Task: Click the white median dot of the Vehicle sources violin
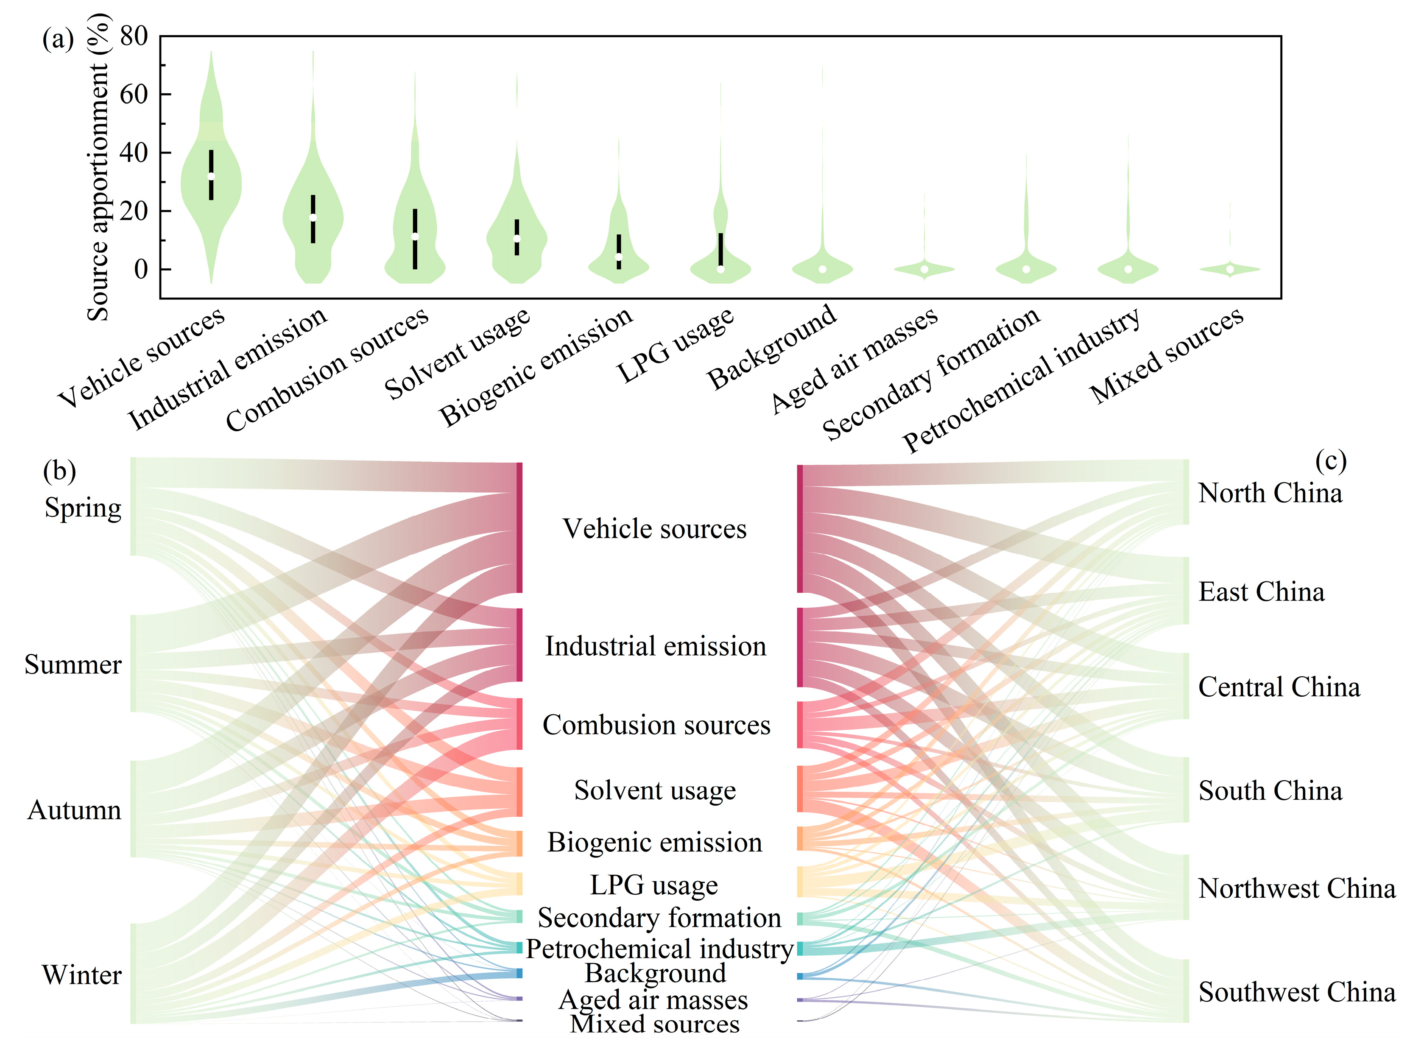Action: (x=211, y=177)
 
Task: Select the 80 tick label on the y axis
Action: (x=134, y=36)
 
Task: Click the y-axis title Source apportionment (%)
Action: (x=98, y=167)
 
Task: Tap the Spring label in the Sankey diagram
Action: (x=83, y=508)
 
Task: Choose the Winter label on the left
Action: (x=81, y=975)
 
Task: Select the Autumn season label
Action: (x=75, y=810)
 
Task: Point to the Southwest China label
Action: (x=1297, y=992)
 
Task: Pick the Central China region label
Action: (x=1279, y=687)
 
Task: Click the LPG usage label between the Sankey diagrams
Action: (x=654, y=885)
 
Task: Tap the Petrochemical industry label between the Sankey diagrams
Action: (x=659, y=949)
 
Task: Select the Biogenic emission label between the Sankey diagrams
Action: (x=655, y=843)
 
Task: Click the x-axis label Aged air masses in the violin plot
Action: (x=854, y=360)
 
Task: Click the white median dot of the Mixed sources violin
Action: (x=1230, y=270)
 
